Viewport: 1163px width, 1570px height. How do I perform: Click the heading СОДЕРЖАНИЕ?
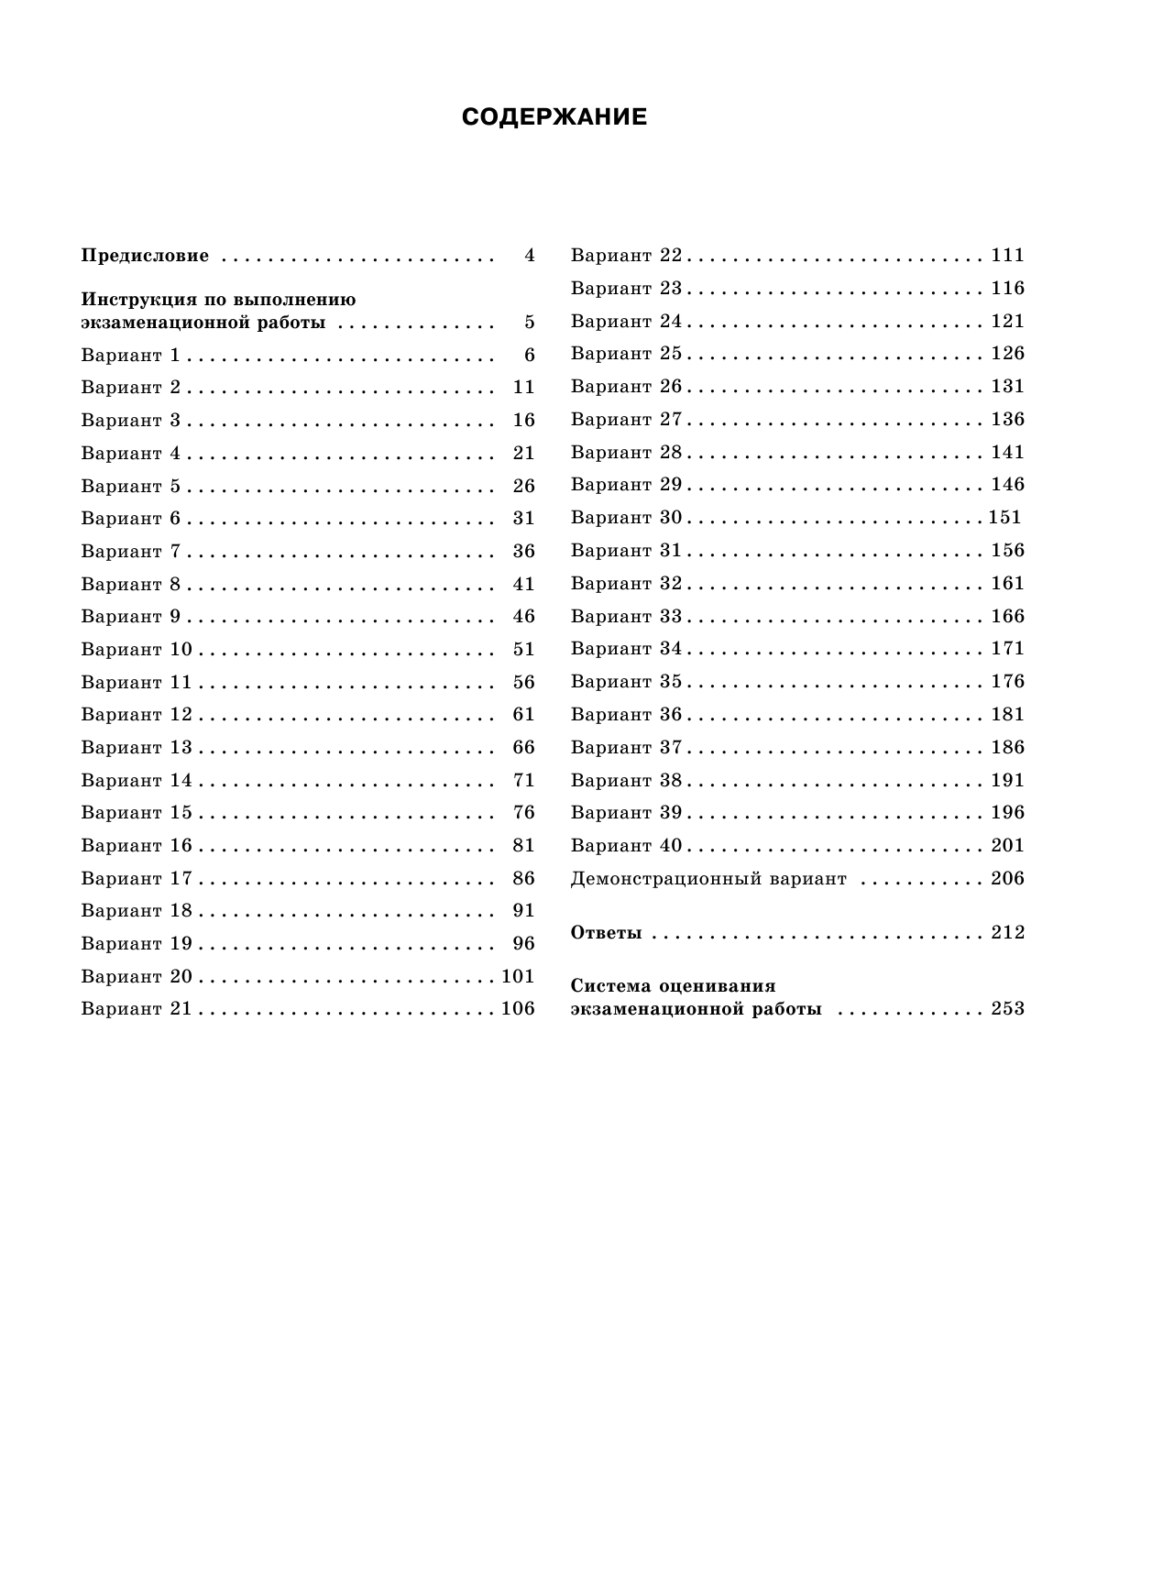tap(554, 117)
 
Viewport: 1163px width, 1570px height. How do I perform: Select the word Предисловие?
tap(145, 256)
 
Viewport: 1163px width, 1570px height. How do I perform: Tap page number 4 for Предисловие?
tap(529, 256)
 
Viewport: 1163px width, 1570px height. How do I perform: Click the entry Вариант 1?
tap(131, 355)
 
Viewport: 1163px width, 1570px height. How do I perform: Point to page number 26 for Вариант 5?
tap(523, 486)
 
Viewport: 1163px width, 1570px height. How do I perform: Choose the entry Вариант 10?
tap(137, 650)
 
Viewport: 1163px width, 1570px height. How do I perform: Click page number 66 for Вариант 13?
tap(523, 748)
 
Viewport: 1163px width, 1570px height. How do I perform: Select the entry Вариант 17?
tap(137, 879)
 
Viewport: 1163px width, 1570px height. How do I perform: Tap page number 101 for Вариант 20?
tap(518, 977)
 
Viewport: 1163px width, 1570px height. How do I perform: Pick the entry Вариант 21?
tap(137, 1009)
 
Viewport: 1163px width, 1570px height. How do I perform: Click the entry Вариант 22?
tap(627, 256)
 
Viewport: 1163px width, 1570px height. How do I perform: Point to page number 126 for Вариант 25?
tap(1007, 354)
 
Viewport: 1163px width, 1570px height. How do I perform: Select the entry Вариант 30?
tap(627, 518)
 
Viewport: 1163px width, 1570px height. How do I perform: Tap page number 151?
tap(1004, 518)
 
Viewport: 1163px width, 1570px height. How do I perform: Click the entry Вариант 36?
tap(627, 715)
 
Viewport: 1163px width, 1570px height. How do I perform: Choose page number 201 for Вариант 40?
tap(1007, 846)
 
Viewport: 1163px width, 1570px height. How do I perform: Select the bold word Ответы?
tap(606, 933)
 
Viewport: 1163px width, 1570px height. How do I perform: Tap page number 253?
tap(1007, 1009)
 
